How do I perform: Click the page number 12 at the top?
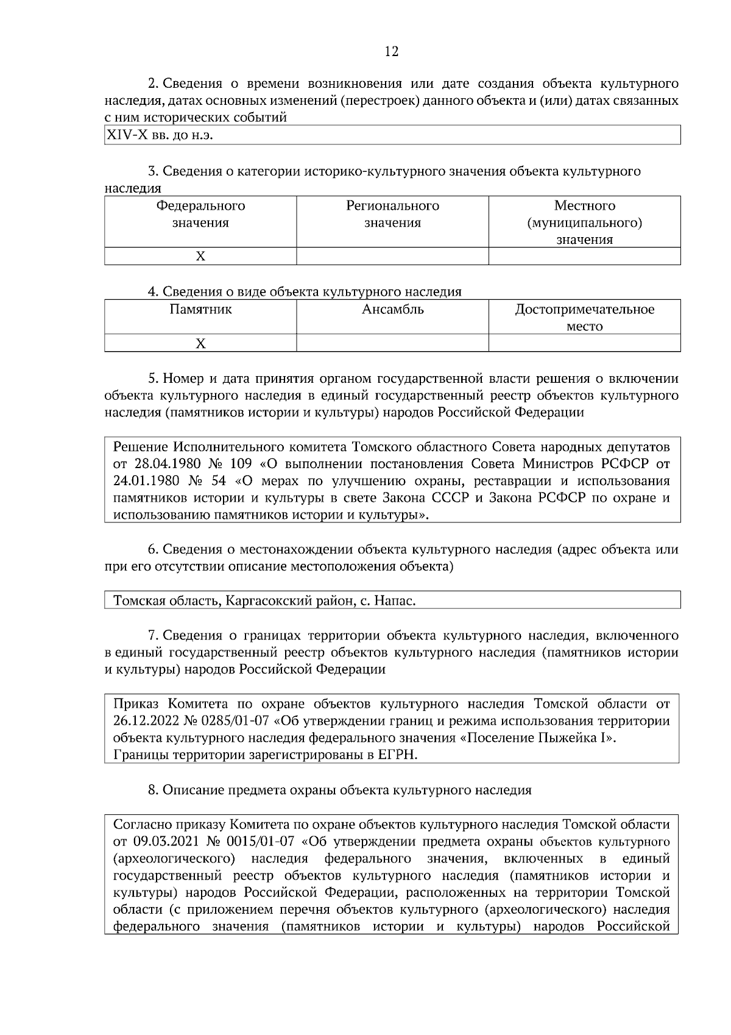pos(392,52)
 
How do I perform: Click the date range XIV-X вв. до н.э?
pos(160,135)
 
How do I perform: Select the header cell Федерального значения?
pos(200,214)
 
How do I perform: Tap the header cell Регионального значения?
pos(392,214)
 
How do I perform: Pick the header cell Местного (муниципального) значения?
pos(584,222)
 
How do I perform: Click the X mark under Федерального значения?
pos(200,257)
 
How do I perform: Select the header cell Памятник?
pos(200,309)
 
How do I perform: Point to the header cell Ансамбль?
pos(392,309)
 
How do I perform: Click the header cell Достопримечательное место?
pos(584,317)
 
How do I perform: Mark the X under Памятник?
pos(200,344)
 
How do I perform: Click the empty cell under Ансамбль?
pos(392,344)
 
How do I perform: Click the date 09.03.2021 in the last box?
pos(163,842)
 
